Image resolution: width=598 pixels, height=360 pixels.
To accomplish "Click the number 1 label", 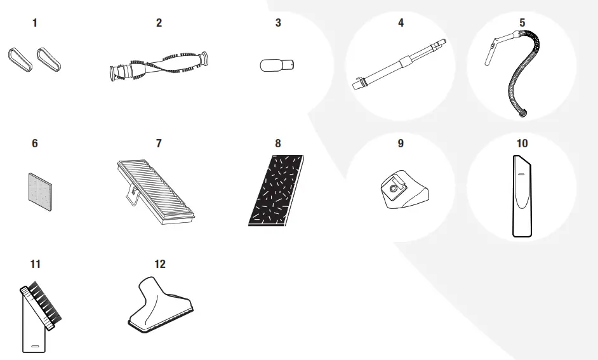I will pos(35,23).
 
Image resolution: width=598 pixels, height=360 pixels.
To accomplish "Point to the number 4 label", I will pos(401,23).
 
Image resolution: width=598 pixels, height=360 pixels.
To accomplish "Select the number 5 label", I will pos(522,23).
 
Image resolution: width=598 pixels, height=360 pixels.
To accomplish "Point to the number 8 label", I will pos(277,143).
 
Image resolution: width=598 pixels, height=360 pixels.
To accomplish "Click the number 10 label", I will pos(522,143).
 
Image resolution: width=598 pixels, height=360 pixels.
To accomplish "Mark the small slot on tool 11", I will pos(35,347).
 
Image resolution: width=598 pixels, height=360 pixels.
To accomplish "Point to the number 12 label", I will pos(159,263).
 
